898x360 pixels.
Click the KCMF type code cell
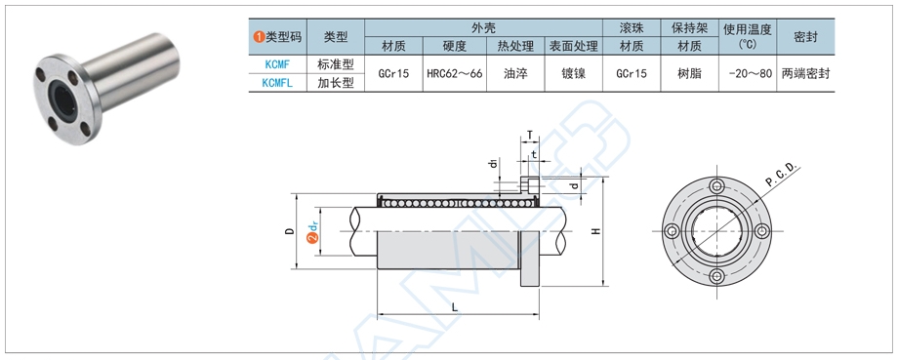click(x=277, y=64)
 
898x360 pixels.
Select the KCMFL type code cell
click(x=277, y=83)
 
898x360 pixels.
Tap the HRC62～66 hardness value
click(x=455, y=74)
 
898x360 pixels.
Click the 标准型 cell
click(x=336, y=64)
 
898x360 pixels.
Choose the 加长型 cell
click(x=336, y=83)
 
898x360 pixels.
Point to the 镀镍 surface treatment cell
click(x=573, y=74)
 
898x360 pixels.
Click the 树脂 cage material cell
click(x=689, y=74)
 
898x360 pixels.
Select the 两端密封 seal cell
click(x=805, y=74)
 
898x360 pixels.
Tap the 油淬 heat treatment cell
click(x=515, y=74)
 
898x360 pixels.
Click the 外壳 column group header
click(x=483, y=27)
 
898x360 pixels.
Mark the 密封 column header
click(x=805, y=37)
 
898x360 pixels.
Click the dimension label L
click(x=455, y=307)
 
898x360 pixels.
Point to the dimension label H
click(x=595, y=231)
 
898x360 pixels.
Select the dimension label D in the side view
click(x=290, y=231)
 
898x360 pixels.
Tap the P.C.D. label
click(x=782, y=175)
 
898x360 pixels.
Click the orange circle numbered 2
click(x=312, y=239)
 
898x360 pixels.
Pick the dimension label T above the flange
click(x=530, y=136)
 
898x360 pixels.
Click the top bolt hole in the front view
click(x=716, y=185)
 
